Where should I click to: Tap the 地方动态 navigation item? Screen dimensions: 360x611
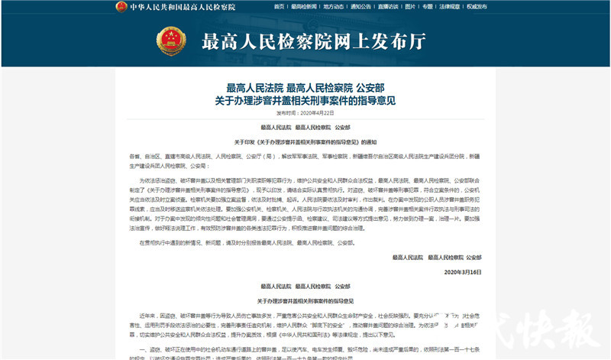point(334,6)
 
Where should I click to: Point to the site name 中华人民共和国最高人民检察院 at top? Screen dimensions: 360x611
point(183,7)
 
